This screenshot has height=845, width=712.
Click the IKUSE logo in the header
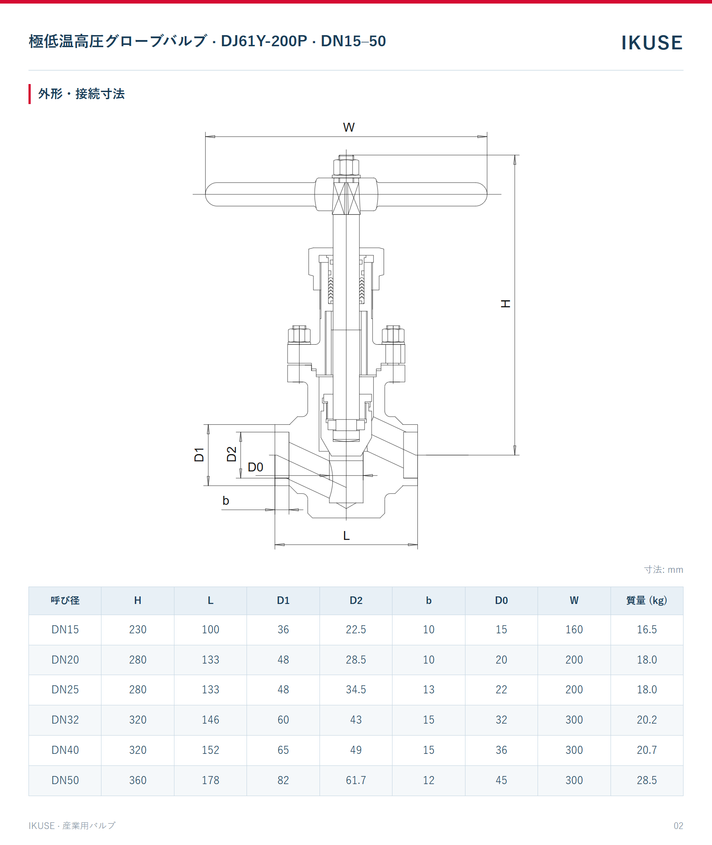(652, 43)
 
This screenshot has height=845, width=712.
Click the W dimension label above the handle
(349, 128)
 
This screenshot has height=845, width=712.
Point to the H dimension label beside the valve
(506, 304)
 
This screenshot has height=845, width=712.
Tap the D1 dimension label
(199, 455)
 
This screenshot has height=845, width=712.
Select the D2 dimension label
(231, 454)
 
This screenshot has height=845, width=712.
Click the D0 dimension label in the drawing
(255, 467)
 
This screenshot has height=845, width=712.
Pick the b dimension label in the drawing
(226, 501)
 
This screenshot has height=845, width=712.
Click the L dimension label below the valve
(346, 536)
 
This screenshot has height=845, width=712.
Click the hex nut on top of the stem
(346, 168)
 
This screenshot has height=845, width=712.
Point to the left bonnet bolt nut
(299, 334)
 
